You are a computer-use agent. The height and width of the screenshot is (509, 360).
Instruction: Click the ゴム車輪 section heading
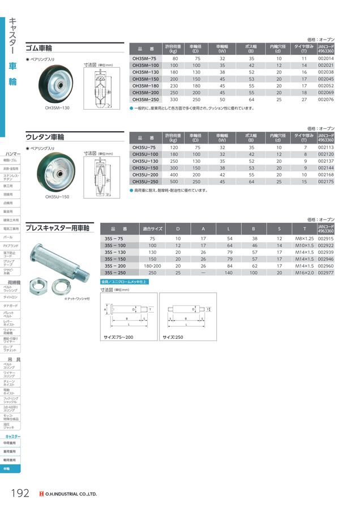[40, 49]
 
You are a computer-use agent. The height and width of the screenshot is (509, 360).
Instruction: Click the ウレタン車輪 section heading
[45, 137]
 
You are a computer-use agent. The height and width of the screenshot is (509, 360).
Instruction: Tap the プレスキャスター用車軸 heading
[57, 227]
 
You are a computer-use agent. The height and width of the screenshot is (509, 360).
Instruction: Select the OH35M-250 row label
[146, 100]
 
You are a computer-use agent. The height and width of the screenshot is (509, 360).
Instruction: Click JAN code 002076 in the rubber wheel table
[326, 100]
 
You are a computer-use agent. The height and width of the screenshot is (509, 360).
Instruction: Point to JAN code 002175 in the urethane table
[326, 182]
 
